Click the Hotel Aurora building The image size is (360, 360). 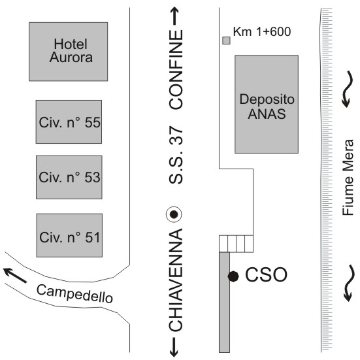(x=68, y=52)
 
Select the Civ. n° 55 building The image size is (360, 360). (x=69, y=122)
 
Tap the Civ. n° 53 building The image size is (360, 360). (x=69, y=177)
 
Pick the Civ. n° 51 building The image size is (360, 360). (x=69, y=235)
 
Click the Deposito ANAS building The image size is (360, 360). (x=267, y=104)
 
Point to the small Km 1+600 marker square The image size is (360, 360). (x=226, y=41)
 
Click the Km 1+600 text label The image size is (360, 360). (x=262, y=31)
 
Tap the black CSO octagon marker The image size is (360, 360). (x=233, y=276)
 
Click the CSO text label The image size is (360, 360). (x=266, y=274)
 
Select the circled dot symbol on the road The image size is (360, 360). (x=174, y=214)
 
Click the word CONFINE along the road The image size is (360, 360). (x=176, y=69)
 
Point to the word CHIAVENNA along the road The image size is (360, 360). (x=176, y=280)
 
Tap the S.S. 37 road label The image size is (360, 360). (x=176, y=155)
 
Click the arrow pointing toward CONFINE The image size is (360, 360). (x=174, y=16)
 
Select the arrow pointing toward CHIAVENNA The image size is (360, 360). (x=174, y=347)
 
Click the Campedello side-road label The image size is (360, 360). (x=74, y=293)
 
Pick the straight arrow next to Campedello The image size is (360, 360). (x=14, y=275)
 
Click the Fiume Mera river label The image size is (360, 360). (x=348, y=178)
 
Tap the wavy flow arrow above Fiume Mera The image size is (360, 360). (x=348, y=89)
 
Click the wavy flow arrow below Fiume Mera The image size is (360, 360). (x=348, y=283)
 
